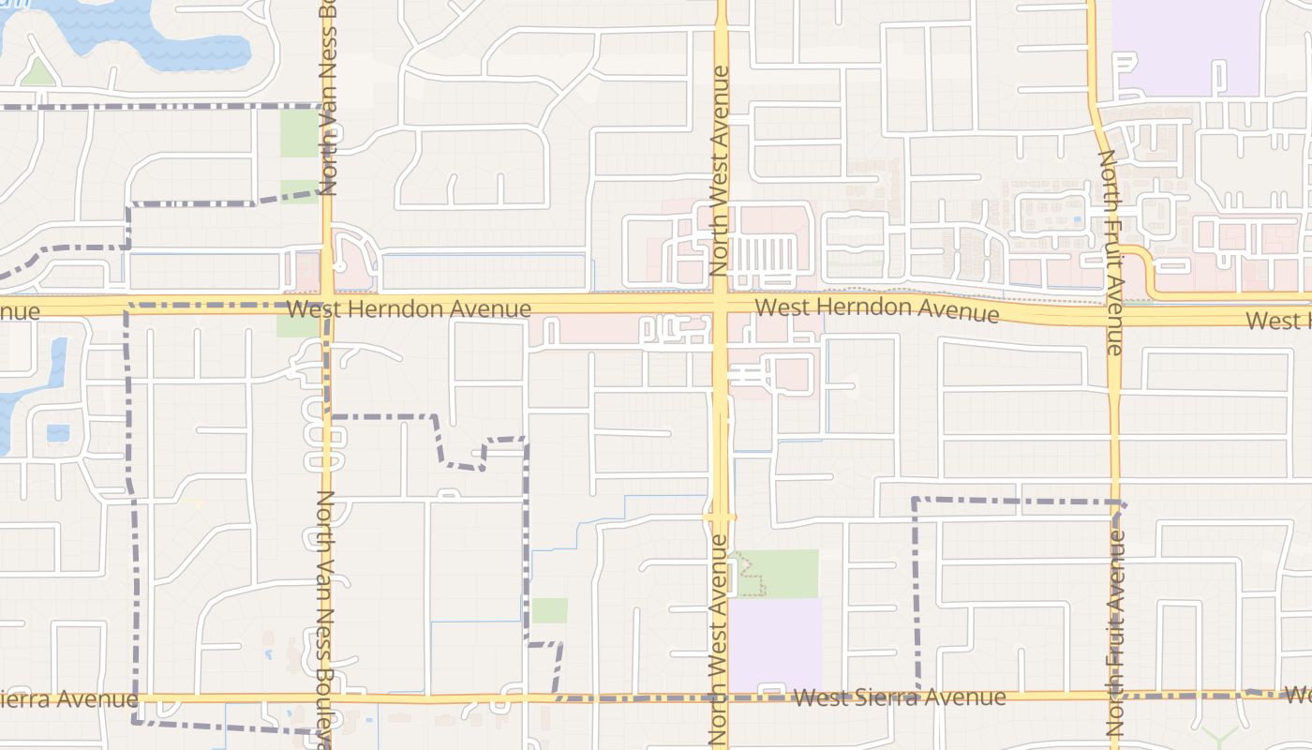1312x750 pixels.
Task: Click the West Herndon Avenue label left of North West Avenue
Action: tap(410, 308)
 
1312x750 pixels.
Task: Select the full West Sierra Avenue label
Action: tap(899, 697)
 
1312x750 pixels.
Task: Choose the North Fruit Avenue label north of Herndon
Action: tap(1110, 251)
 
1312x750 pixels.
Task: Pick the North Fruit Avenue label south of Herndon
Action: tap(1115, 633)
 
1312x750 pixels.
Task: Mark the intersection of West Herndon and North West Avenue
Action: tap(720, 306)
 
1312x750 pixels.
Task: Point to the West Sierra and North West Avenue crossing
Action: tap(720, 697)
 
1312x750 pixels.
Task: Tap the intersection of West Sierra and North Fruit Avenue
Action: tap(1115, 697)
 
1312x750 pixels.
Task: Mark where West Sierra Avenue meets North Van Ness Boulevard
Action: tap(327, 698)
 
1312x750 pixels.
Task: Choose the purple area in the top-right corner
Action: tap(1185, 47)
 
